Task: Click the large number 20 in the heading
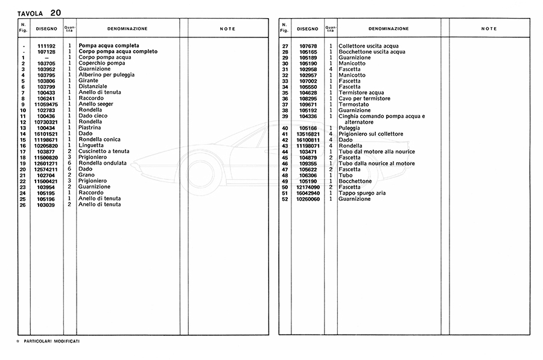point(56,12)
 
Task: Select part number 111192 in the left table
point(46,46)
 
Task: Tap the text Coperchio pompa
point(102,63)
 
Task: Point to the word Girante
point(88,81)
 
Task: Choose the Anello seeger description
point(97,104)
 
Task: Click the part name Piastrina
point(91,128)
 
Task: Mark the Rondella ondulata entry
point(103,163)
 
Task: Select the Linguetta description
point(91,145)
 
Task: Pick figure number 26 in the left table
point(23,204)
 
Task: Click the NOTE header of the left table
point(227,29)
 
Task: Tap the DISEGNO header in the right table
point(308,29)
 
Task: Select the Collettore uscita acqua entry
point(369,46)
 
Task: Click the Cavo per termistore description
point(364,98)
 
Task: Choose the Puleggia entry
point(350,128)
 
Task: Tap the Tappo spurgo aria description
point(362,193)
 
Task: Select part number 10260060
point(308,199)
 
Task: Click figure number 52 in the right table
point(284,199)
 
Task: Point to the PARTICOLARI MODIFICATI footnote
point(51,341)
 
